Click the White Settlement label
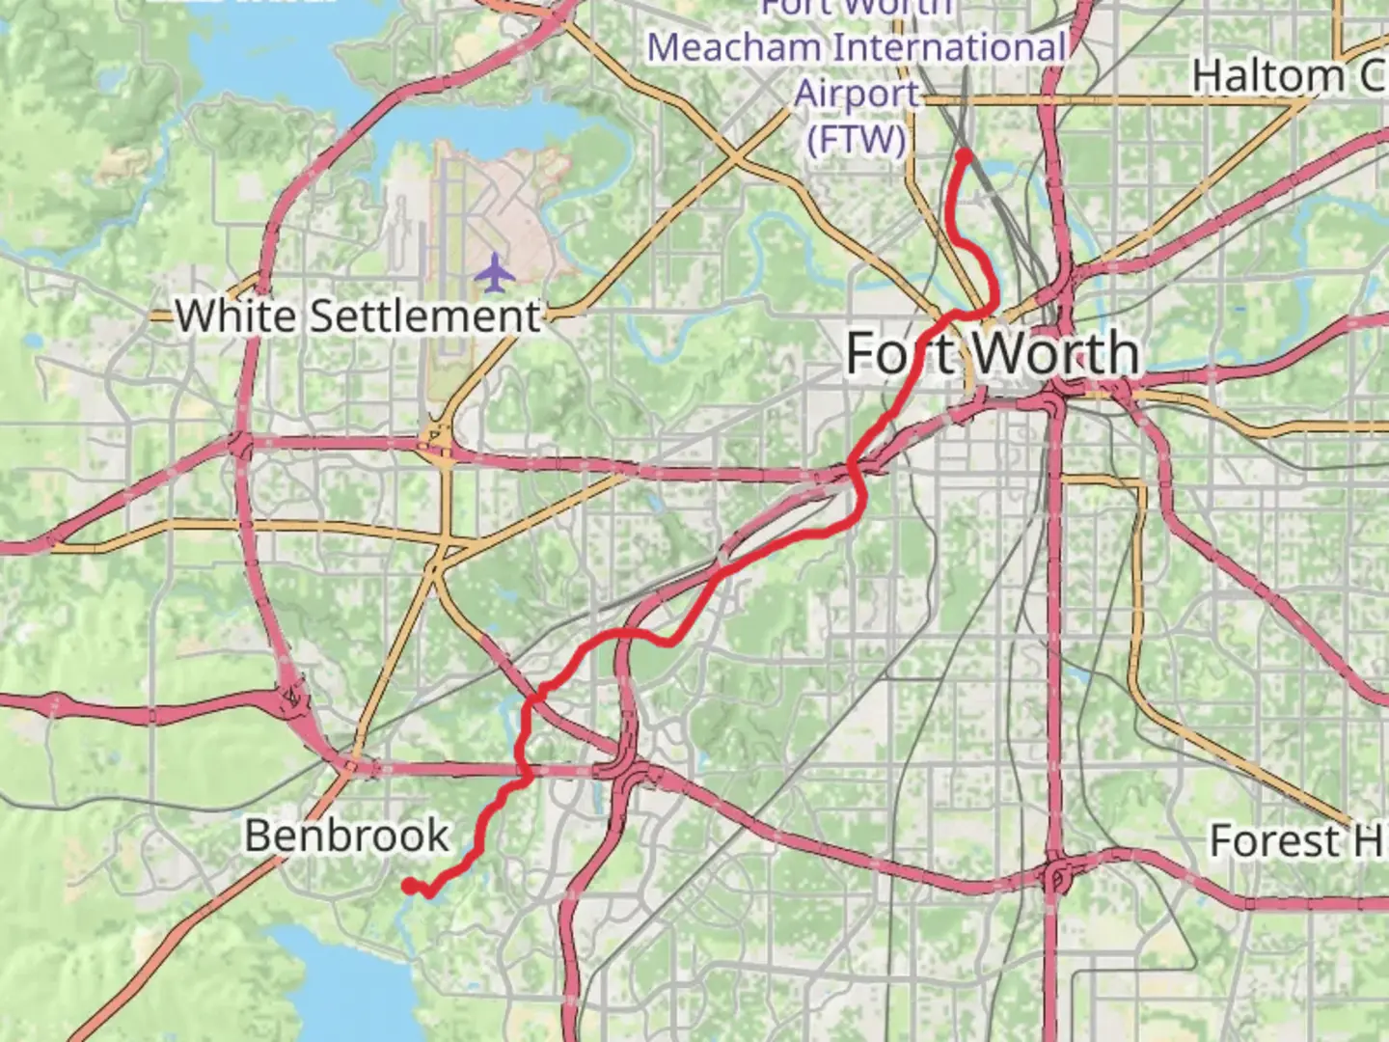(x=358, y=316)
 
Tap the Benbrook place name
(x=346, y=836)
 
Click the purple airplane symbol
(x=495, y=273)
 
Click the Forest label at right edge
(x=1273, y=841)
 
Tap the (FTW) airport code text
(x=857, y=140)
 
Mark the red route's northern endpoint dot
(x=963, y=155)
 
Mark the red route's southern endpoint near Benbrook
(x=409, y=885)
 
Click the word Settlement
(x=424, y=316)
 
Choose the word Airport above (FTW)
(x=857, y=95)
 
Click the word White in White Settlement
(x=235, y=316)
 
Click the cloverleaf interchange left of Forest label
(x=1057, y=876)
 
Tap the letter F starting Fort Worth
(x=864, y=353)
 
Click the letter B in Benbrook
(x=259, y=836)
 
